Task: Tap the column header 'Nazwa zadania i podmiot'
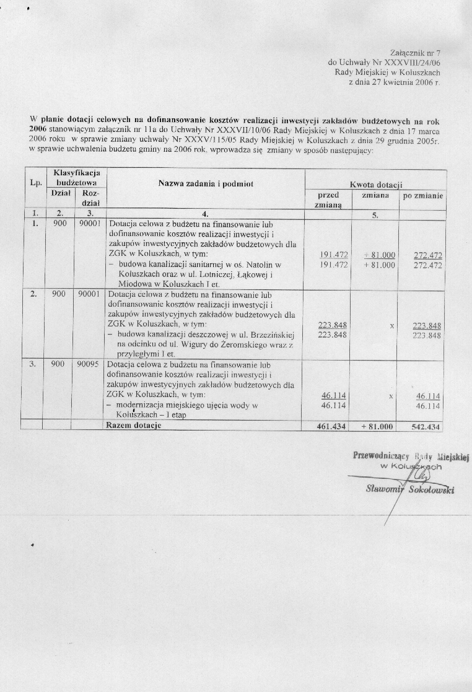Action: pos(206,183)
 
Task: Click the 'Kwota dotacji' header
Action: pos(376,185)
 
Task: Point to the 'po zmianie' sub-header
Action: pos(423,195)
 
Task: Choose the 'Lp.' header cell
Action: pos(33,183)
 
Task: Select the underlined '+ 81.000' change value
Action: pos(380,255)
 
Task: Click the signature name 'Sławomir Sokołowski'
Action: pos(410,490)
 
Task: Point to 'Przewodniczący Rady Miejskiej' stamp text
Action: pos(411,457)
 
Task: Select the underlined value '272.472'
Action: pos(427,255)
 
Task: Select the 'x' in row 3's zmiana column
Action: pos(391,396)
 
